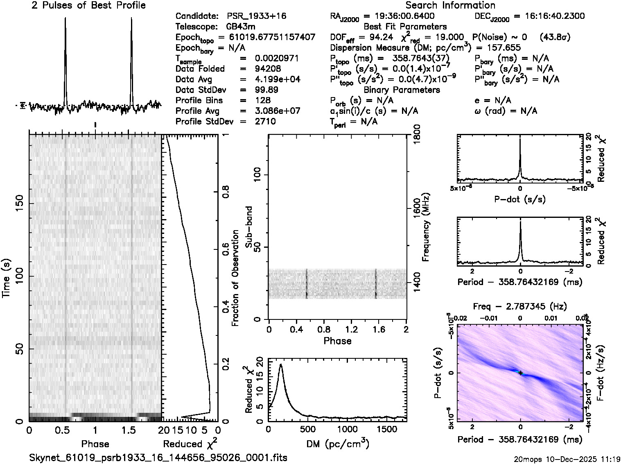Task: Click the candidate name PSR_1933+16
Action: pos(256,16)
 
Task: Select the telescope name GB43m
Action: pos(242,27)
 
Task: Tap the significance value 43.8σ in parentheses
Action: pos(555,37)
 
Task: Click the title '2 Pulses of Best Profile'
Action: pos(88,5)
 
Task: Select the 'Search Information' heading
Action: pos(450,5)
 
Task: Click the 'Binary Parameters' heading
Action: pos(402,90)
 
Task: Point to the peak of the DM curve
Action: pos(281,364)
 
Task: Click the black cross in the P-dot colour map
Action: pos(520,373)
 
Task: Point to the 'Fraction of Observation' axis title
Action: pos(235,278)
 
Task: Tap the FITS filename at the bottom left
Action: pos(158,457)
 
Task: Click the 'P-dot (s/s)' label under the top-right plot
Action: pos(520,199)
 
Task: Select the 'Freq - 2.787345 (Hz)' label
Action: pos(520,306)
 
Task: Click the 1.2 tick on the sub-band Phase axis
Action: pos(351,329)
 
